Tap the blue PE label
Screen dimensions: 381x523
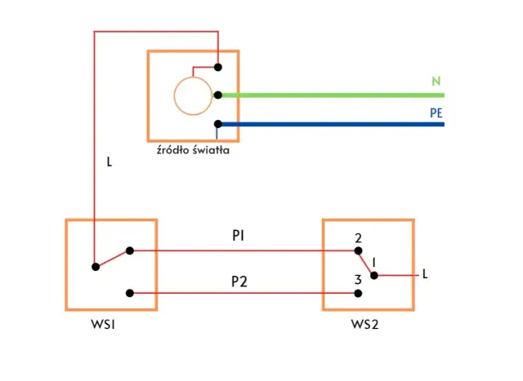(436, 113)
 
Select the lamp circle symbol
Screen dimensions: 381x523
(192, 95)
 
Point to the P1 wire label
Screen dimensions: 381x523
(239, 236)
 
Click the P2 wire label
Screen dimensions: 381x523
(239, 281)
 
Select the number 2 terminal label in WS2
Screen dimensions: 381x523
(358, 239)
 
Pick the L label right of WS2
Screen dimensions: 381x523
(425, 274)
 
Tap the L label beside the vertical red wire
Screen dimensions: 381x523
(110, 162)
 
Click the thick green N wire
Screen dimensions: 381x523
(327, 95)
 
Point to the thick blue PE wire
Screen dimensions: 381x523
(327, 124)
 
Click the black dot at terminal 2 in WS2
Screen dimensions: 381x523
(358, 251)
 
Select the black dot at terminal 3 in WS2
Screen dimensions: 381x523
(358, 293)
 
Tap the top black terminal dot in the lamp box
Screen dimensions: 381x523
(218, 67)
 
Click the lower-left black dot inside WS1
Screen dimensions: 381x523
(96, 266)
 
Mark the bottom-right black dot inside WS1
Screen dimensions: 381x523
(130, 293)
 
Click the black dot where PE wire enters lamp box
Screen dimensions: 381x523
(218, 124)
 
